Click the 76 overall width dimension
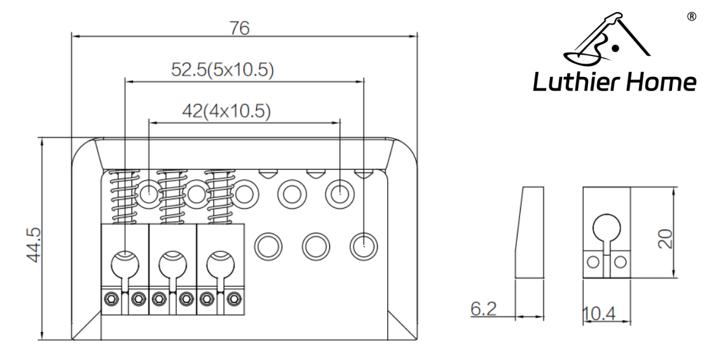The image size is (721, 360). click(x=240, y=28)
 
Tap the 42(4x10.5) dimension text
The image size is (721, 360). click(x=226, y=111)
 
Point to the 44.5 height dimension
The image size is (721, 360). click(x=33, y=244)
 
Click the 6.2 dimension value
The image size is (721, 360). click(x=483, y=309)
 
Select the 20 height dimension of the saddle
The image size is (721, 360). click(x=666, y=239)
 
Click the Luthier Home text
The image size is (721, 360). click(x=614, y=82)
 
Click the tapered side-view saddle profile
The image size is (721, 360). click(x=530, y=232)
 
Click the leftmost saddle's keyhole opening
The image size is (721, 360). click(x=125, y=262)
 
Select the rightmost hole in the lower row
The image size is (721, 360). click(x=363, y=245)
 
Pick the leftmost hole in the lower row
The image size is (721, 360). click(x=267, y=245)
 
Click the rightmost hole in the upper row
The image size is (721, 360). click(x=339, y=192)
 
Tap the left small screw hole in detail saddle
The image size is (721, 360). click(x=593, y=261)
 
